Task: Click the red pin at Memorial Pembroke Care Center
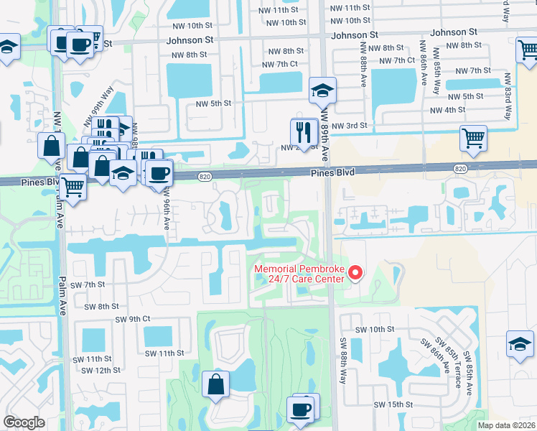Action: click(x=353, y=272)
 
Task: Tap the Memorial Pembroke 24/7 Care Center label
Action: click(x=299, y=275)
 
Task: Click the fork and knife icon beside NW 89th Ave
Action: click(x=304, y=131)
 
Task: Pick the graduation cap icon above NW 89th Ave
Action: click(x=322, y=90)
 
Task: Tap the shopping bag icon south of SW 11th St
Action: click(x=215, y=384)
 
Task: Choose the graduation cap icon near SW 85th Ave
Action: click(x=520, y=343)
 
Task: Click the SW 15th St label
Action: click(x=393, y=404)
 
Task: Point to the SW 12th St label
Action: click(x=101, y=370)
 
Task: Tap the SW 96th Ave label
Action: click(x=166, y=208)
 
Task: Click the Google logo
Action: click(x=24, y=422)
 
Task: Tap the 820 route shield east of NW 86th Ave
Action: click(x=460, y=168)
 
